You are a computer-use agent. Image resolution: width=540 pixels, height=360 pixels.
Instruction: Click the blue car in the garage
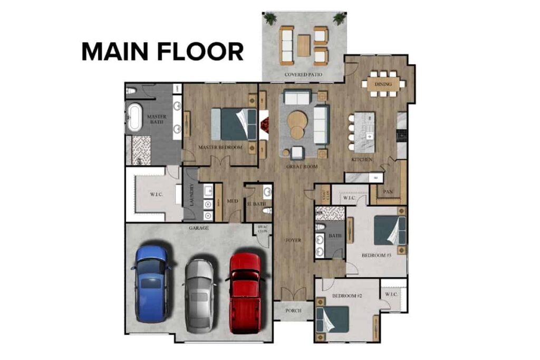click(152, 283)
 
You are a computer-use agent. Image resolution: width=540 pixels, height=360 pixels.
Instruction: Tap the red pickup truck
click(245, 291)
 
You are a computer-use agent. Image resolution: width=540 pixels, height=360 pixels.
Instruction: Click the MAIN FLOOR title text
click(162, 52)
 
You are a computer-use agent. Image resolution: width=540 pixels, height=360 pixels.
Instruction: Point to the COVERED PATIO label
click(303, 75)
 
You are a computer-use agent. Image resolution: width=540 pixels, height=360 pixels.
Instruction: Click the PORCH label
click(293, 311)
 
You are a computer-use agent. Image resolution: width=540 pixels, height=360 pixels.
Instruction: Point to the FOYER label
click(293, 240)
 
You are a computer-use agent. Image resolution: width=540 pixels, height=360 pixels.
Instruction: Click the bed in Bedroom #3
click(390, 230)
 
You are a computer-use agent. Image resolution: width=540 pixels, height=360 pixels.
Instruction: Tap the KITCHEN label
click(362, 159)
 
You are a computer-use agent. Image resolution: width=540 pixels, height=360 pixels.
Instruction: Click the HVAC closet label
click(262, 230)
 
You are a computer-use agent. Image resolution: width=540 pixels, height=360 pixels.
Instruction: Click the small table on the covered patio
click(303, 45)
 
